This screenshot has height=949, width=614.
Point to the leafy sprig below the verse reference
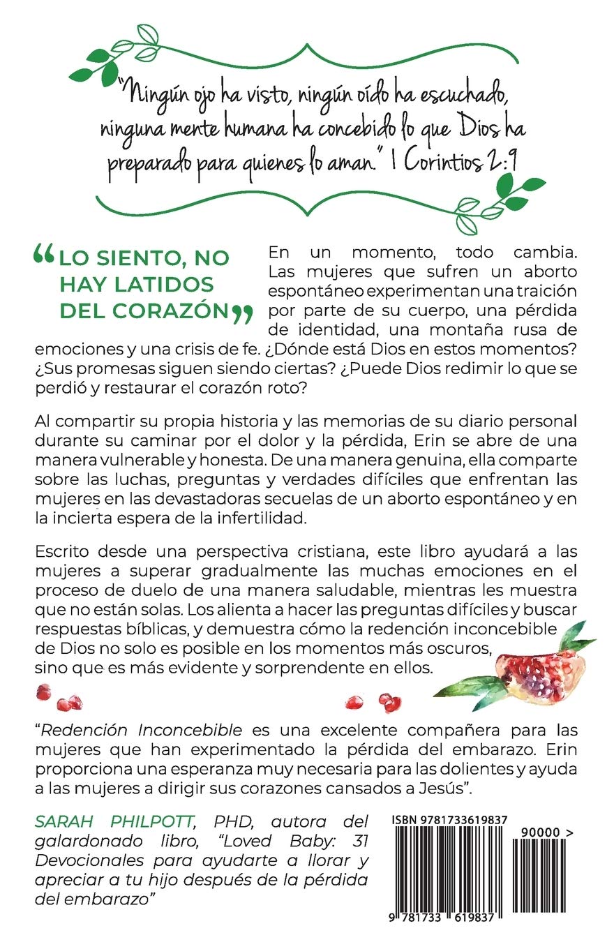click(500, 202)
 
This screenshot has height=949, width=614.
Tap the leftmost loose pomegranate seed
click(43, 692)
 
